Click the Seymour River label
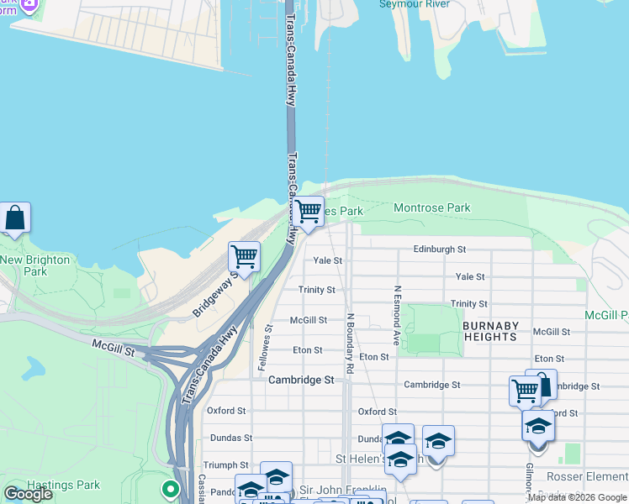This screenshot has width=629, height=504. click(414, 4)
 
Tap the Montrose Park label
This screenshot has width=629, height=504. click(432, 207)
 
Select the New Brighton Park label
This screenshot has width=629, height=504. click(34, 265)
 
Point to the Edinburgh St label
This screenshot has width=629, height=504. click(439, 249)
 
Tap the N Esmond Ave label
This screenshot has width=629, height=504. click(396, 316)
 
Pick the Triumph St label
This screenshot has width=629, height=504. click(225, 465)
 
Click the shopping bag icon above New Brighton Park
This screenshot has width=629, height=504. click(15, 218)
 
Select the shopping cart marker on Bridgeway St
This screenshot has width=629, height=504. click(244, 255)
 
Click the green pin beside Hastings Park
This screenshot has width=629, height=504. click(171, 488)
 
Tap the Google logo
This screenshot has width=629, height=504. click(28, 494)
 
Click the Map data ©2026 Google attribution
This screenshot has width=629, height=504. click(577, 497)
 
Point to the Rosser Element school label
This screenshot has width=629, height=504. click(593, 477)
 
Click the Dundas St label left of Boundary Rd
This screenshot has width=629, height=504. click(230, 438)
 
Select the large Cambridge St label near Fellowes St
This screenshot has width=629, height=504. click(301, 380)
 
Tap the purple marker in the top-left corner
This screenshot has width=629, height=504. click(29, 5)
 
